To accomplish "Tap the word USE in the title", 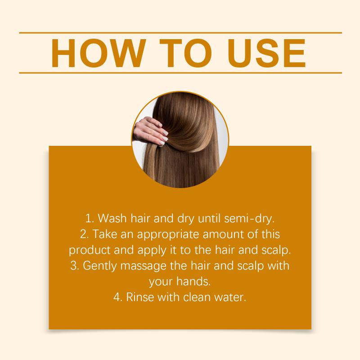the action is tap(266, 53).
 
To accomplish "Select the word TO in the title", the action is tap(186, 53).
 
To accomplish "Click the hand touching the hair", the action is tap(150, 131).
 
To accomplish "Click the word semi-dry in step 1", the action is tap(249, 219).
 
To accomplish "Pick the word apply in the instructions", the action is tap(152, 251).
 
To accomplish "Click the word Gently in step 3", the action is tap(99, 266).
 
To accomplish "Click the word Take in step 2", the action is tap(105, 234).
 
